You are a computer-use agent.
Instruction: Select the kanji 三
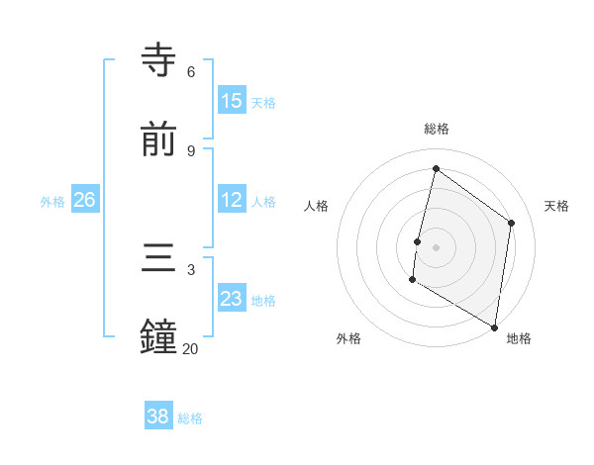click(x=159, y=258)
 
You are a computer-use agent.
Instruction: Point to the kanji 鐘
click(x=159, y=336)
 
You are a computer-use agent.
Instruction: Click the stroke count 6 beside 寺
click(x=191, y=71)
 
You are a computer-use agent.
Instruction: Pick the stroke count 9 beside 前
click(x=191, y=150)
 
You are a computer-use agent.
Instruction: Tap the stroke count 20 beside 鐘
click(x=190, y=348)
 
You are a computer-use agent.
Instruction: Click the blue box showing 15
click(x=232, y=100)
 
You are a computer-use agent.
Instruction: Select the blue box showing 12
click(x=232, y=200)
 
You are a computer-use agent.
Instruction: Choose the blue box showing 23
click(x=232, y=299)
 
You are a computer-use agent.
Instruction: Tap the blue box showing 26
click(x=84, y=200)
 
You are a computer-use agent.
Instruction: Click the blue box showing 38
click(x=158, y=417)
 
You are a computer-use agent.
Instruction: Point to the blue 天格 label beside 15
click(x=263, y=103)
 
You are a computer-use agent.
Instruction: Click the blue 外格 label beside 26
click(x=52, y=202)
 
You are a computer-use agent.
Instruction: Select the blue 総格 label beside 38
click(x=190, y=419)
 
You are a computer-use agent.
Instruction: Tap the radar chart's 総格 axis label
click(x=437, y=129)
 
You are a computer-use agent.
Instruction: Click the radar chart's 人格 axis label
click(x=317, y=206)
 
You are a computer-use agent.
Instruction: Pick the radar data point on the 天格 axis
click(x=512, y=223)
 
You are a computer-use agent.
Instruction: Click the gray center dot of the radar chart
click(x=437, y=246)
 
